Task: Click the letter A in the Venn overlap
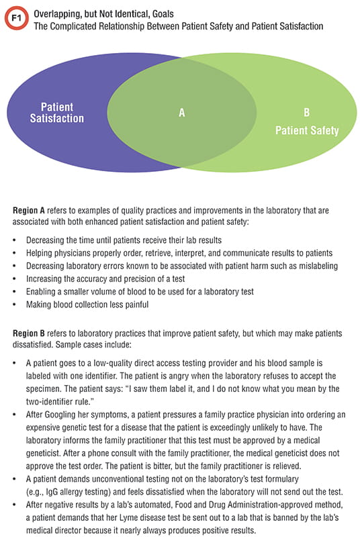(181, 113)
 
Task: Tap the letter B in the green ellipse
(306, 113)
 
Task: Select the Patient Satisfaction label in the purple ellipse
(57, 113)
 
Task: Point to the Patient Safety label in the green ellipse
(306, 131)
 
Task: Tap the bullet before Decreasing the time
(15, 240)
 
